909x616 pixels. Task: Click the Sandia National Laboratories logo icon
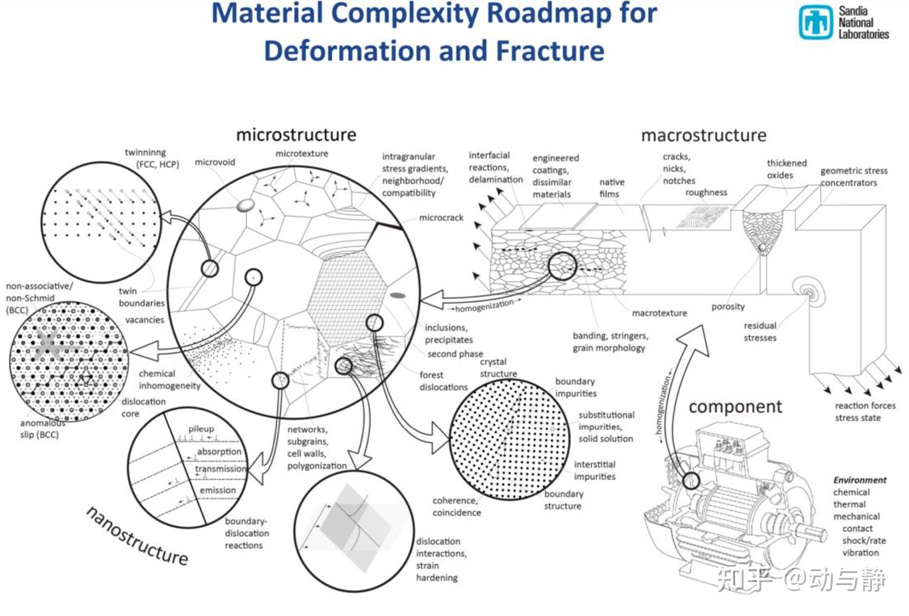coord(815,22)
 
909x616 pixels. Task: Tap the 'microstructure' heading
coord(296,134)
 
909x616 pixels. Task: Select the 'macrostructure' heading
coord(704,135)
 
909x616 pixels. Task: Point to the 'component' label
coord(735,406)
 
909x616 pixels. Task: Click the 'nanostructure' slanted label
coord(137,536)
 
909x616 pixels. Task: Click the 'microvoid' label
coord(215,162)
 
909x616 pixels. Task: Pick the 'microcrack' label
coord(441,217)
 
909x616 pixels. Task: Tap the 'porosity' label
coord(728,306)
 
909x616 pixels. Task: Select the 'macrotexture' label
coord(659,313)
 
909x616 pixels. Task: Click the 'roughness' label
coord(706,193)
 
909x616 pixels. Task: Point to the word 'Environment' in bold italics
coord(859,480)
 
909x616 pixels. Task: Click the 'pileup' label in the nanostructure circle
coord(201,429)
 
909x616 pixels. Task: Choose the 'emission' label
coord(218,490)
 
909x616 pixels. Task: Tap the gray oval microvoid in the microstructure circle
coord(245,205)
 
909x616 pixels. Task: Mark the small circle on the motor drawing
coord(691,481)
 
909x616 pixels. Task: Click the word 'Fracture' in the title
coord(550,51)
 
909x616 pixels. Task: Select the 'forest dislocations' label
coord(444,381)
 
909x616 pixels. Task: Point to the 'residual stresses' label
coord(760,331)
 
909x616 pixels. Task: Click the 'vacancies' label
coord(144,320)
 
